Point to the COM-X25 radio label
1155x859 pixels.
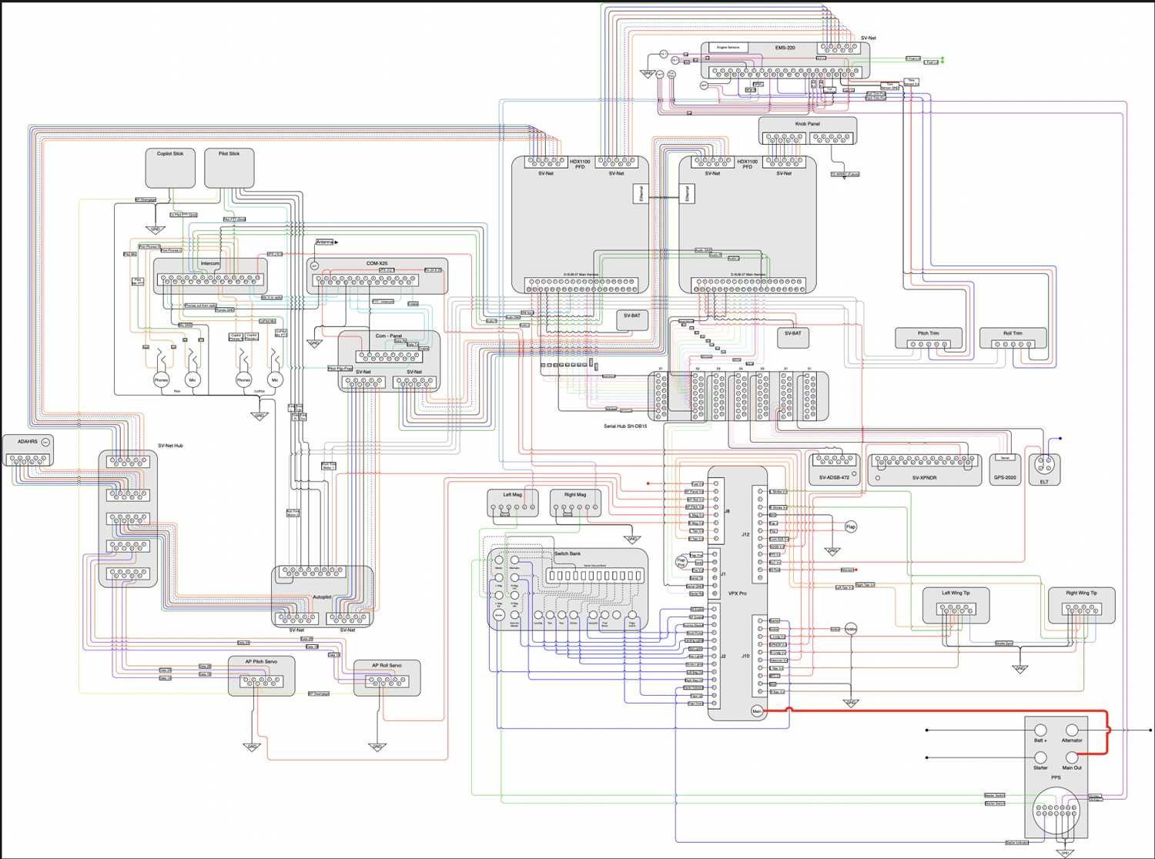tap(377, 263)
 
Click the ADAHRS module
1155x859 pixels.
tap(28, 451)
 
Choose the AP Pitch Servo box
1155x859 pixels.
tap(261, 675)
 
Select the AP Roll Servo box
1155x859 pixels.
tap(387, 677)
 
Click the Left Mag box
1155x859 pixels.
tap(512, 502)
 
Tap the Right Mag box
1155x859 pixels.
tap(575, 502)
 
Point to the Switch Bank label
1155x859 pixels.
tap(567, 553)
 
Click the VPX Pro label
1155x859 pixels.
tap(738, 593)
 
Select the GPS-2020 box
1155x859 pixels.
tap(1005, 469)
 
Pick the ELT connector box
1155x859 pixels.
tap(1044, 469)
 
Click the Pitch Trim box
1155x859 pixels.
tap(929, 338)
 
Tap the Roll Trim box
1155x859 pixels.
tap(1013, 338)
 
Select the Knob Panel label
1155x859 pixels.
tap(807, 124)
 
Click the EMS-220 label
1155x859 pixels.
tap(785, 48)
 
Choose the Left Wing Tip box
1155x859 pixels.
tap(956, 604)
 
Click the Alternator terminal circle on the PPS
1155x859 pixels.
tap(1072, 730)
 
